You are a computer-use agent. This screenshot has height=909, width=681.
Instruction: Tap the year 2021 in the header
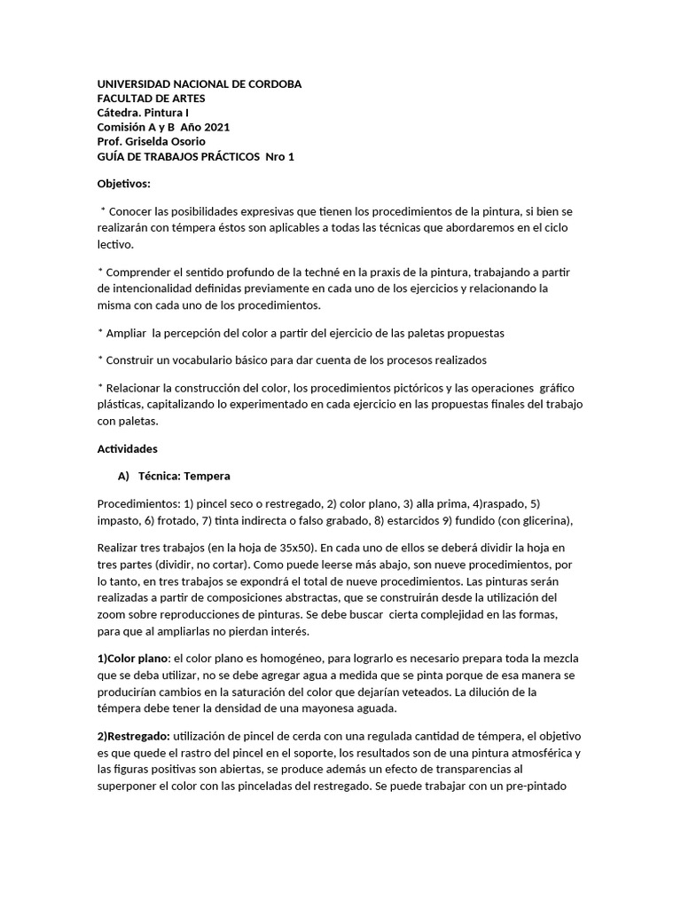tap(216, 127)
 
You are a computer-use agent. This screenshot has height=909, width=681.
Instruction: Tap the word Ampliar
tap(126, 333)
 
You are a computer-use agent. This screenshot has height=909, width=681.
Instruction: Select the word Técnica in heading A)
tap(159, 476)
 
